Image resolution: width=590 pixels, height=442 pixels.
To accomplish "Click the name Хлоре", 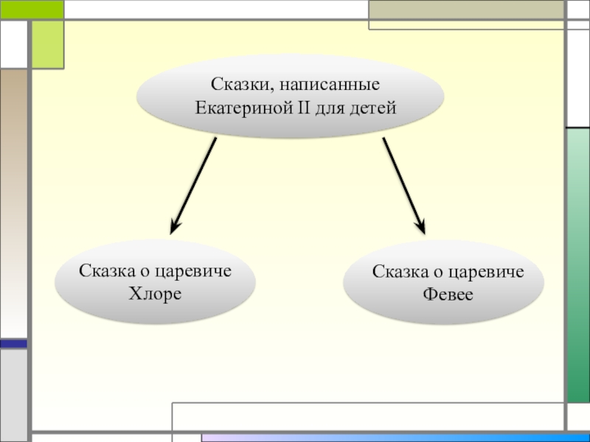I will pos(155,293).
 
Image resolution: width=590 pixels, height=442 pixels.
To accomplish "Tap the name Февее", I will pos(448,295).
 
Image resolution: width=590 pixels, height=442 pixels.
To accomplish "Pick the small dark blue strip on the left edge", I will pos(13,343).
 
